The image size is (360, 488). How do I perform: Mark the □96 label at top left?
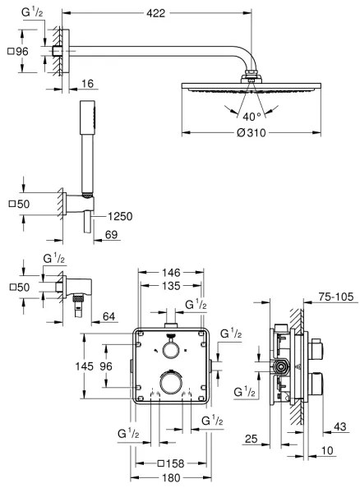pyautogui.click(x=17, y=50)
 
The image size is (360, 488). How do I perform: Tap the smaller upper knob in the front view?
pyautogui.click(x=170, y=350)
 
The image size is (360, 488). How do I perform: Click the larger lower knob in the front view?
pyautogui.click(x=170, y=384)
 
